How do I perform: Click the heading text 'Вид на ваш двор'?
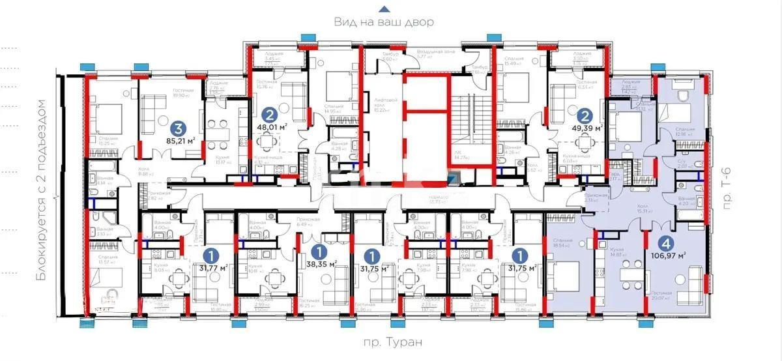(384, 22)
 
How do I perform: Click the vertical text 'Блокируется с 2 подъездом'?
(43, 190)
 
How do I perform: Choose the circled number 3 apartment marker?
(176, 128)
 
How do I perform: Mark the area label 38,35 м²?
(321, 265)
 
